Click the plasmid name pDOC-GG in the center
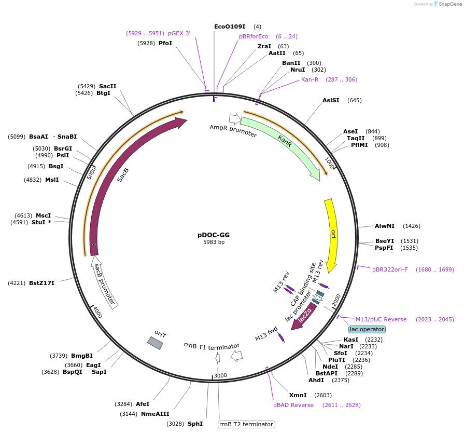[214, 235]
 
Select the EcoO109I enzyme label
[230, 26]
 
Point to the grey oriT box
[156, 342]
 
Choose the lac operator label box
[367, 329]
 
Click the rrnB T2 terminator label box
[246, 424]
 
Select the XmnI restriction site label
[298, 395]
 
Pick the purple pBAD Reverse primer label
[293, 405]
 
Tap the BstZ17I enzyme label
[41, 283]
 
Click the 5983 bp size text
[214, 242]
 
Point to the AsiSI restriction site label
[331, 100]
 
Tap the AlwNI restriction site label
[385, 226]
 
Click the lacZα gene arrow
[305, 317]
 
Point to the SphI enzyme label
[195, 424]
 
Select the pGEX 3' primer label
[179, 33]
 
